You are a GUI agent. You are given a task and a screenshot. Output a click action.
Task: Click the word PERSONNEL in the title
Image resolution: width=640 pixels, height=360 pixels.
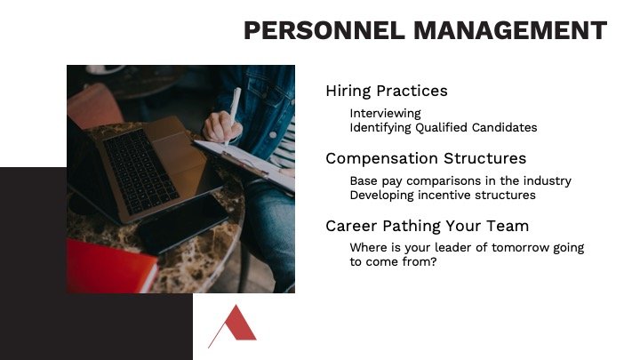pos(324,30)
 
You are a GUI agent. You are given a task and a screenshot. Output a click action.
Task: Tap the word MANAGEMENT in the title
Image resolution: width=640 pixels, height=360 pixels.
pos(510,30)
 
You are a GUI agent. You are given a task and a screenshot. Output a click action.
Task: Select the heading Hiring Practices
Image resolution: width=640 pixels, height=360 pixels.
pos(387,91)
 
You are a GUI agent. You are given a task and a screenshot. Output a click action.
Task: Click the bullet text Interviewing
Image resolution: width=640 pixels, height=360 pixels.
pos(385,114)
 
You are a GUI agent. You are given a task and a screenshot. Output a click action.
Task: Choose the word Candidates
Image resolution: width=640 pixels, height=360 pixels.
pos(505,127)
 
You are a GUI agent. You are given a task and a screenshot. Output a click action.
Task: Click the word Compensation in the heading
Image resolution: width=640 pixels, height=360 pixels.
pos(381,158)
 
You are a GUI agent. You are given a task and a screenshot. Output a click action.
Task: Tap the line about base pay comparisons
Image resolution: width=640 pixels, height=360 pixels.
pos(460,180)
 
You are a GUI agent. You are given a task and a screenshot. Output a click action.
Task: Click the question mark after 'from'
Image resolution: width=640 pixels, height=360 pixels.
pos(434,261)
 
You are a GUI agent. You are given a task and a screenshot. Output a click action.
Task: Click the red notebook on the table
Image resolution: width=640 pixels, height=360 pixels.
pos(111,266)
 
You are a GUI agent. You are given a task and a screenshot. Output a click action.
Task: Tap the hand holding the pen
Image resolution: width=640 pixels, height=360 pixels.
pos(222,126)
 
